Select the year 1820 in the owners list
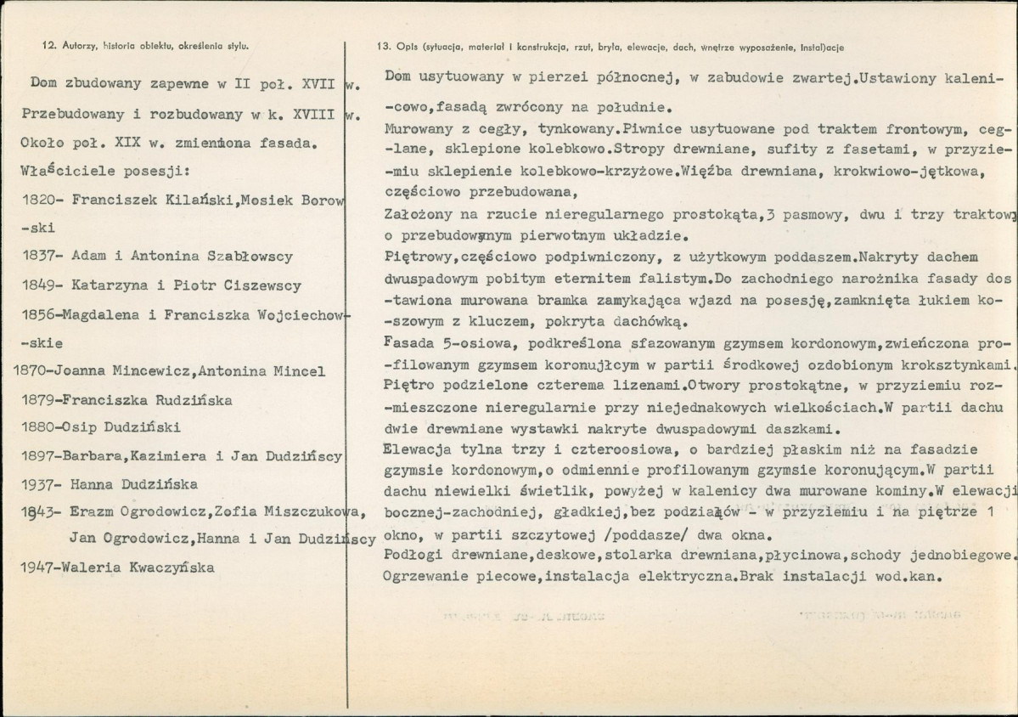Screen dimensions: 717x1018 [x=38, y=200]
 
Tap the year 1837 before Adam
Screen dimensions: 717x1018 [x=38, y=257]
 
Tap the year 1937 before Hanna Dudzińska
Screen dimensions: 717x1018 [x=38, y=485]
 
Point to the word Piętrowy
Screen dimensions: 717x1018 [x=417, y=256]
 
